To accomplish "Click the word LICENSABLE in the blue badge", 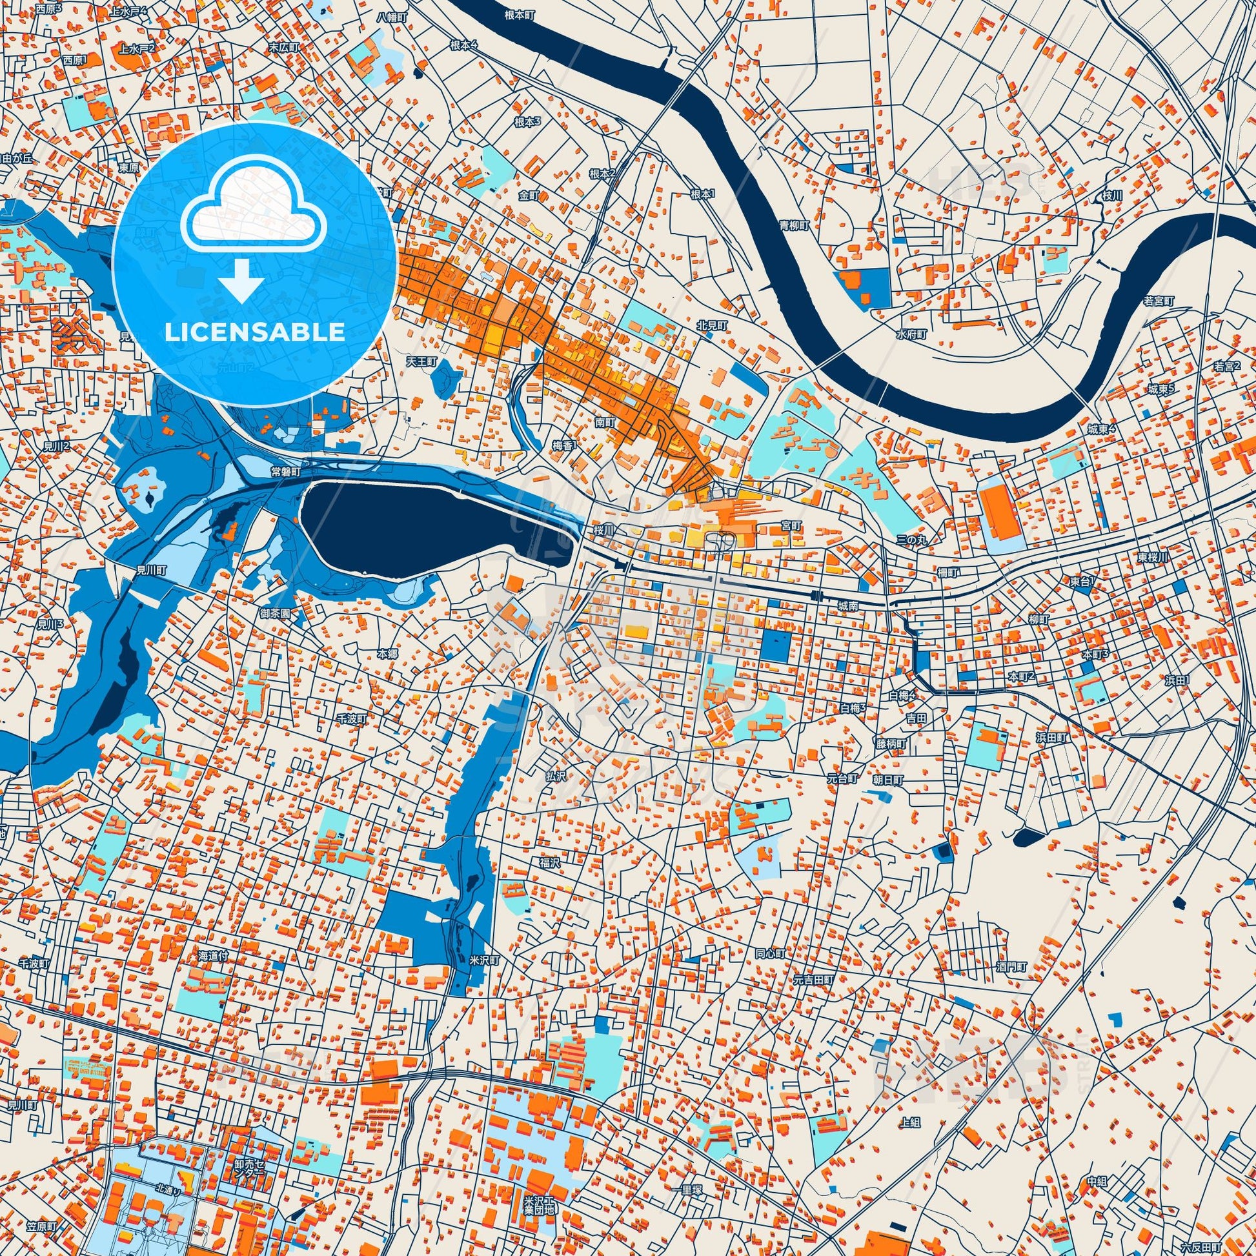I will pos(254,332).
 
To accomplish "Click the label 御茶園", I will pos(275,613).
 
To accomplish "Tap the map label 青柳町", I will pos(795,226).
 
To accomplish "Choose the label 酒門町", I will pos(1011,967).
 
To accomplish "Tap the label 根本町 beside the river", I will pos(518,13).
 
